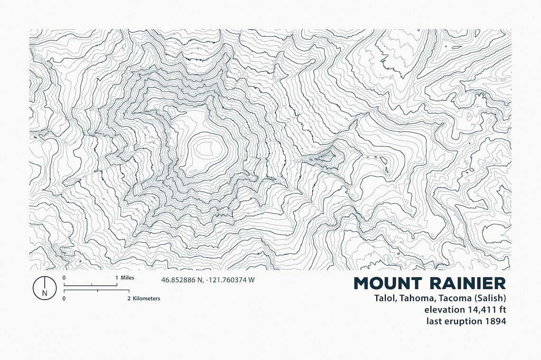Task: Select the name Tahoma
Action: (415, 298)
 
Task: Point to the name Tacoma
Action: (453, 298)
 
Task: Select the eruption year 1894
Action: (495, 321)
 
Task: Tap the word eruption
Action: (463, 321)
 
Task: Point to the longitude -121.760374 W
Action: (231, 280)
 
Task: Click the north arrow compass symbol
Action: (45, 287)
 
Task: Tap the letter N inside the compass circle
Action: (45, 293)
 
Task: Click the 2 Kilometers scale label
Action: (144, 298)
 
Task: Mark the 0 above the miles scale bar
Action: (64, 277)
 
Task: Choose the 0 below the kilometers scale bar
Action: (64, 299)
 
